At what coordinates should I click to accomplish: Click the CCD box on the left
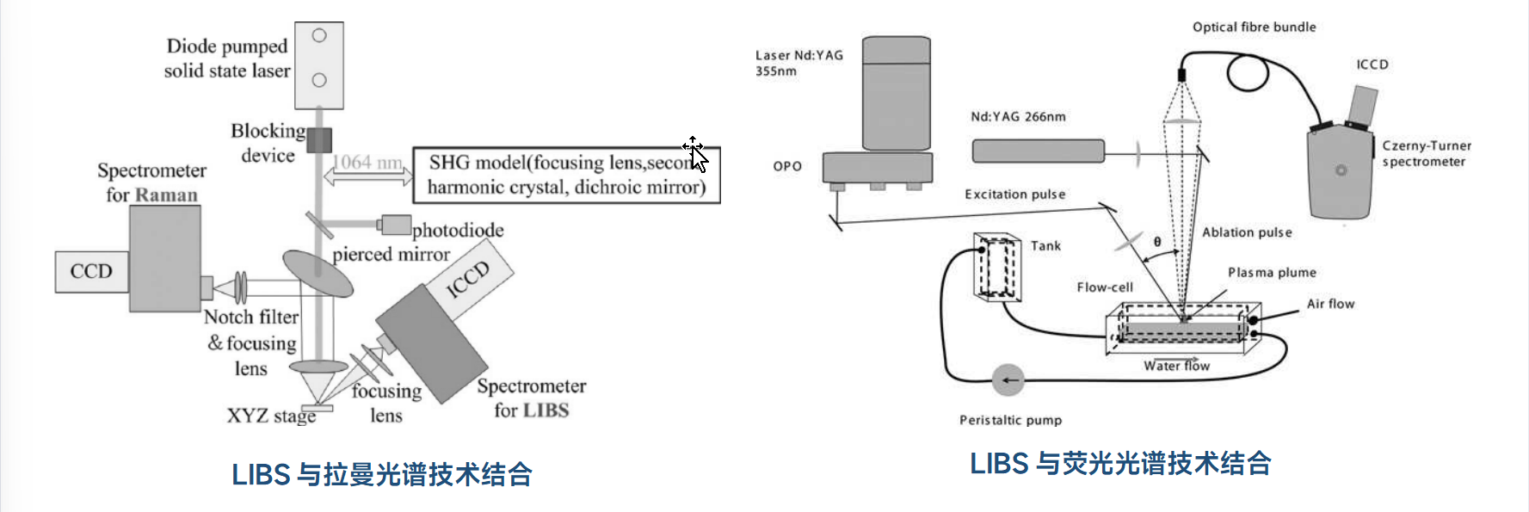[x=91, y=272]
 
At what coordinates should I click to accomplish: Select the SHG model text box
[x=566, y=175]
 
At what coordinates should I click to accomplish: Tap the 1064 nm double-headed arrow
[x=367, y=176]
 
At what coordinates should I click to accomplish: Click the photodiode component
[x=396, y=225]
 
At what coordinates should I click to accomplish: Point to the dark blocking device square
[x=319, y=140]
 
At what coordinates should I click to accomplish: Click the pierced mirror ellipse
[x=318, y=273]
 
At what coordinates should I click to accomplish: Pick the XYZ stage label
[x=271, y=416]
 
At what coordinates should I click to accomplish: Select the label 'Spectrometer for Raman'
[x=151, y=182]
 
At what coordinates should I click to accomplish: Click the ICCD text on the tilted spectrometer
[x=468, y=280]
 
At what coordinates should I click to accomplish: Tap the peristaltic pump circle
[x=1008, y=379]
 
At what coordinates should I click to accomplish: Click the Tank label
[x=1045, y=246]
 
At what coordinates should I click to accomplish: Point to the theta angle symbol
[x=1157, y=242]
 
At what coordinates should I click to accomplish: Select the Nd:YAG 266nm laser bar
[x=1038, y=151]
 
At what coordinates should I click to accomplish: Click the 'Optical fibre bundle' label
[x=1254, y=28]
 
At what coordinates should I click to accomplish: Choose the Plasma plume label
[x=1272, y=273]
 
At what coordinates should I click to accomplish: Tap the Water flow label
[x=1176, y=366]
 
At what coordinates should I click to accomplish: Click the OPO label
[x=787, y=166]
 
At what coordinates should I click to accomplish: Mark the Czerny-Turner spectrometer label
[x=1426, y=153]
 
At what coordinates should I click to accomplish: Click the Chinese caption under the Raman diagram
[x=382, y=474]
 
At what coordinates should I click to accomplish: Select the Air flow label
[x=1330, y=304]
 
